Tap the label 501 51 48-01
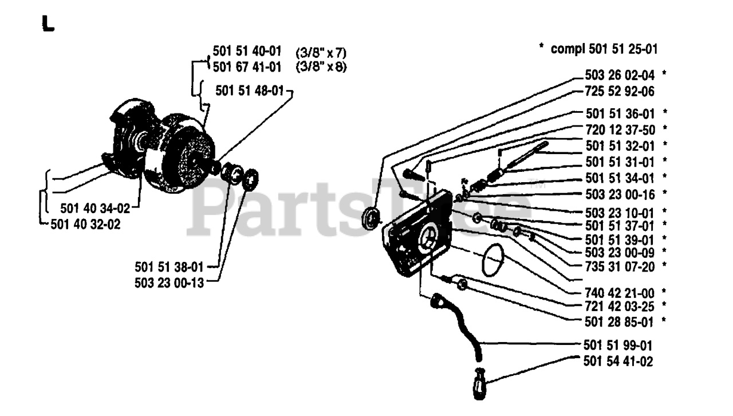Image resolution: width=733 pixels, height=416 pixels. (x=250, y=90)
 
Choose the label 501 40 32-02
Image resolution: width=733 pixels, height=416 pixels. (x=86, y=224)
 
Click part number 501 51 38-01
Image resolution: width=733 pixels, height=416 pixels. (x=170, y=266)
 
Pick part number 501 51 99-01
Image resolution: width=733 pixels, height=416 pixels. (x=618, y=346)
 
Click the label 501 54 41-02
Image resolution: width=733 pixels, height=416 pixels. (x=618, y=362)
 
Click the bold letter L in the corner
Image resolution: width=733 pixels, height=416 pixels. (x=48, y=24)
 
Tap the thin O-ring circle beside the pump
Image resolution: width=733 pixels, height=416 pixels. (x=492, y=260)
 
